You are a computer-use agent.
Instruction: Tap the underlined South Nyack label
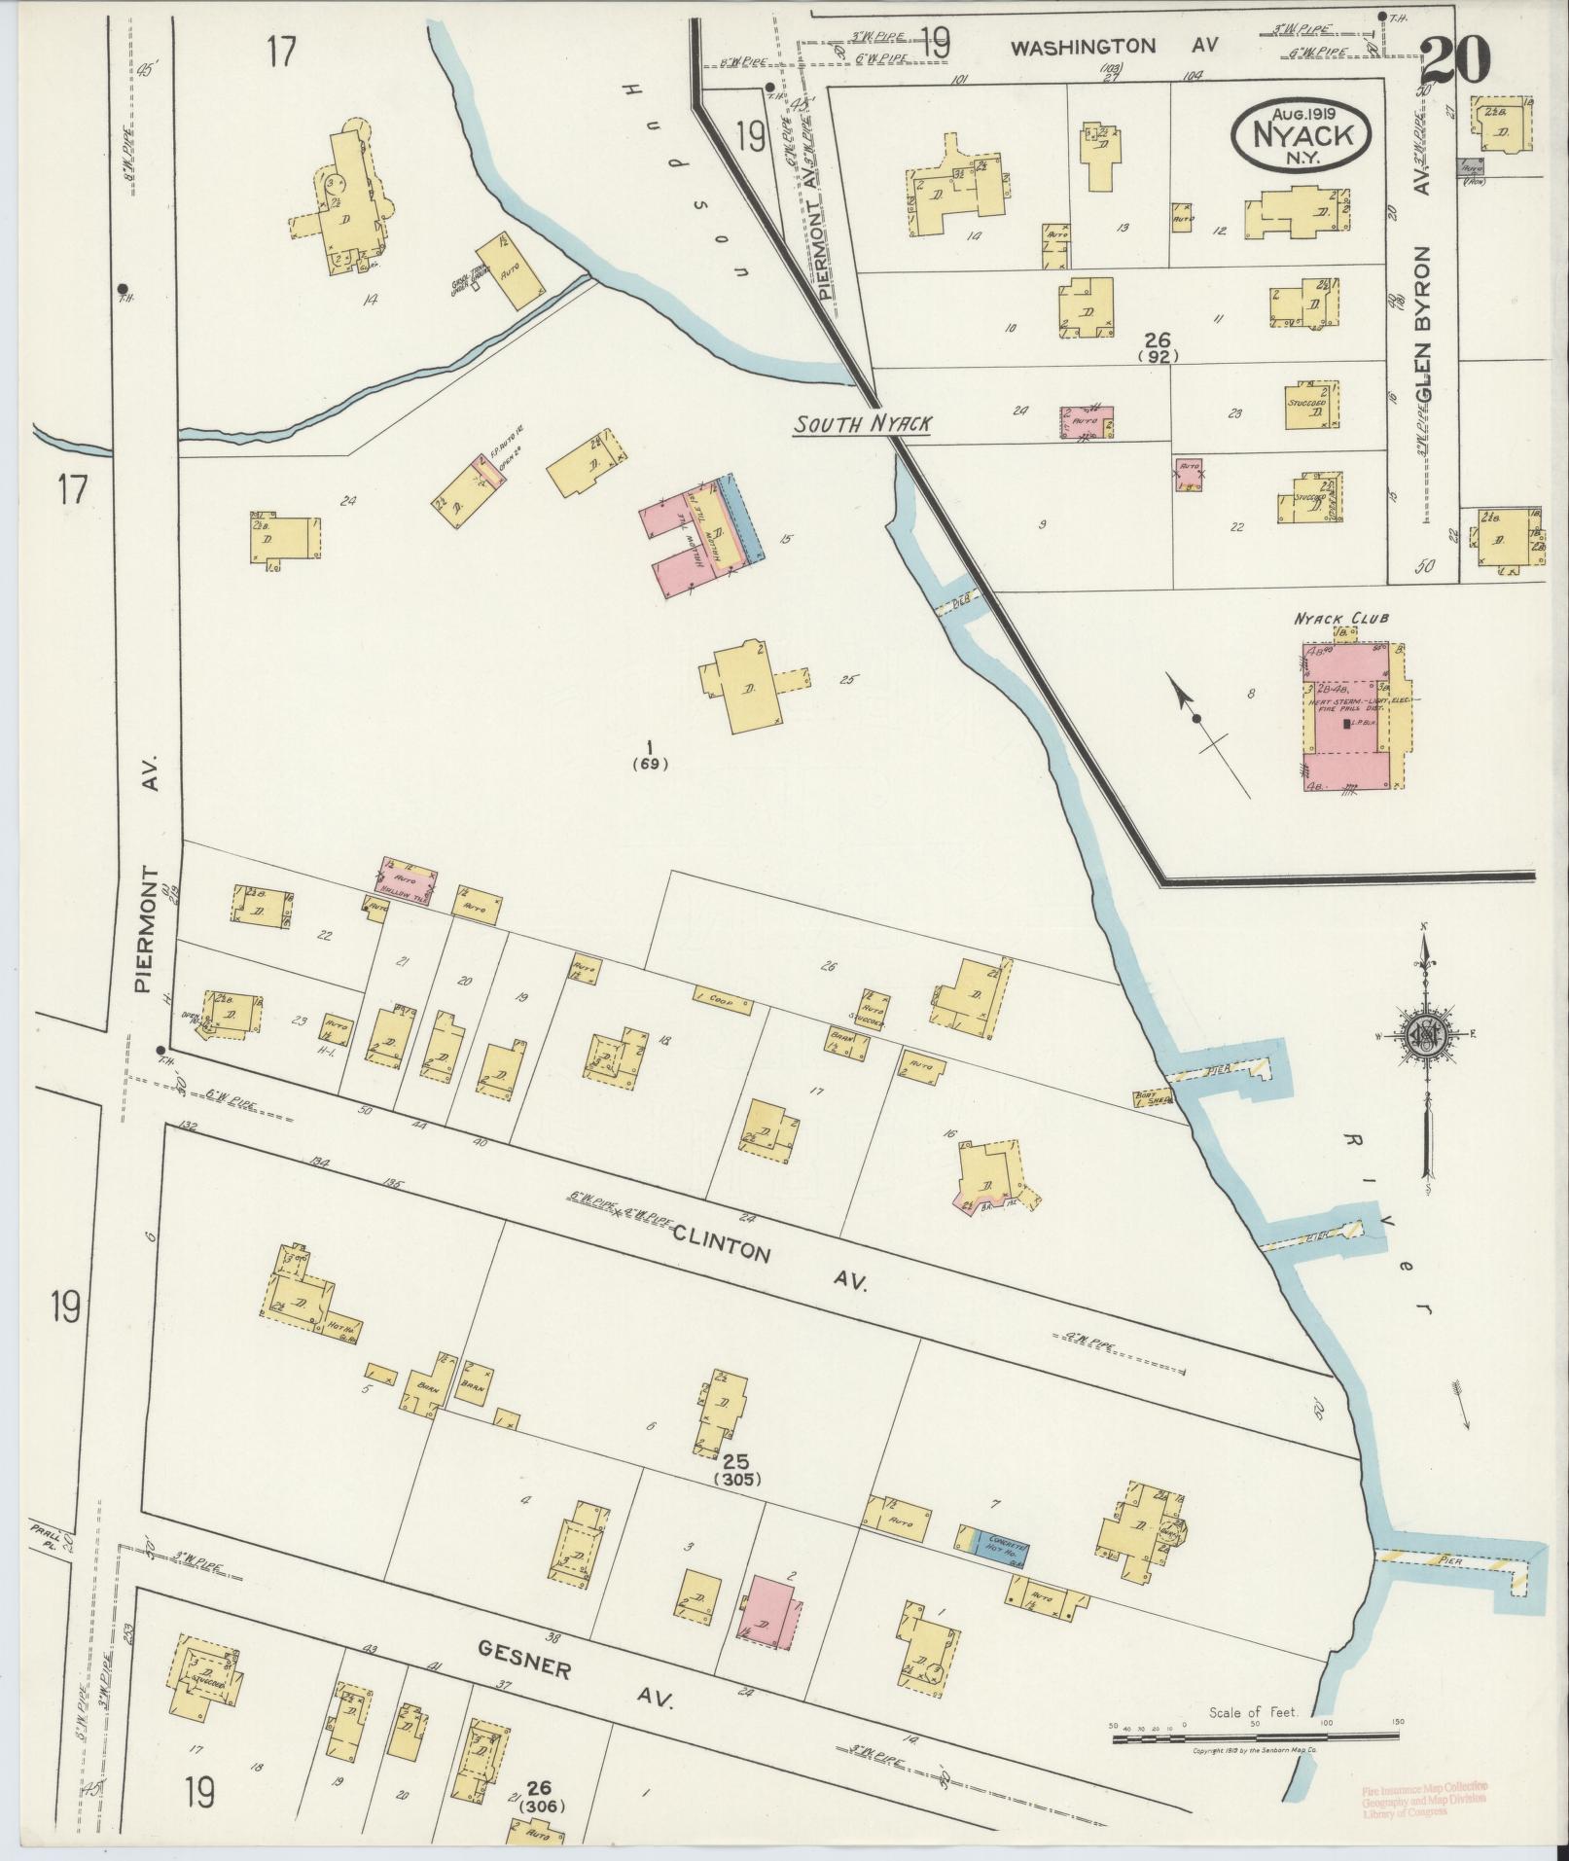862,424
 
